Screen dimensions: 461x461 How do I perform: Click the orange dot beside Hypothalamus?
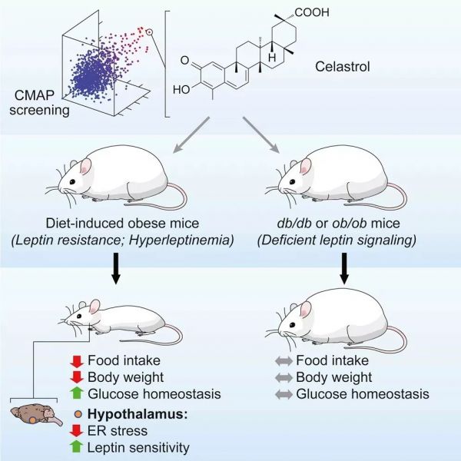pos(77,413)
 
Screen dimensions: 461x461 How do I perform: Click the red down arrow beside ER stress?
pos(77,429)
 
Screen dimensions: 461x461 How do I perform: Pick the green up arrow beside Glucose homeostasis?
pos(77,394)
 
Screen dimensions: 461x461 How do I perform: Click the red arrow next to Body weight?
pos(77,377)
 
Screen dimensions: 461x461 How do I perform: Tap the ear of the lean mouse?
pos(95,308)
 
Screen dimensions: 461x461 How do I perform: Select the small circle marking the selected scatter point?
pos(149,32)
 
